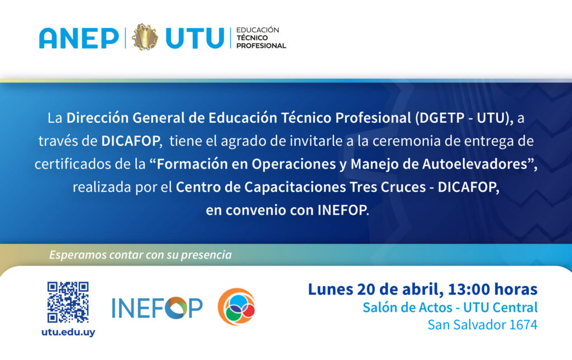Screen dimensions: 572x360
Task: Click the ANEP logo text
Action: tap(79, 38)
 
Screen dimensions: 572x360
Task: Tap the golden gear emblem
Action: tap(145, 37)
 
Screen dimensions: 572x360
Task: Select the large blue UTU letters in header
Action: tap(195, 38)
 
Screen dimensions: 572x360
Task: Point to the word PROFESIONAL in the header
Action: tap(261, 46)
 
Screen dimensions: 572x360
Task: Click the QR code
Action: tap(68, 302)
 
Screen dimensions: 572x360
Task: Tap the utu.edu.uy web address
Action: tap(68, 332)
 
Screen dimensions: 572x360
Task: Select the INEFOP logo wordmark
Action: tap(157, 308)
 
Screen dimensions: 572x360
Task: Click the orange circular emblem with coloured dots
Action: tap(237, 306)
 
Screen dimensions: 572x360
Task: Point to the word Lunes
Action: tap(331, 289)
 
